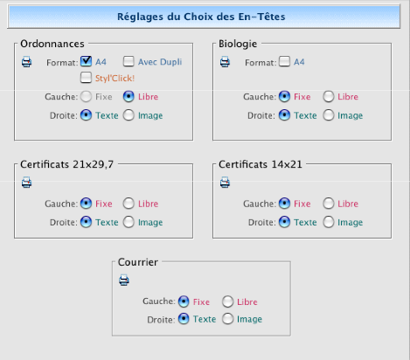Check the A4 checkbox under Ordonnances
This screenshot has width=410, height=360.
tap(86, 61)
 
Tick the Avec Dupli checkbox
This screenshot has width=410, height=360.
tap(129, 61)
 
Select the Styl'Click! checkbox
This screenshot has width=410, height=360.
tap(86, 78)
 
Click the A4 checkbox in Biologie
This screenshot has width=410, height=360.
tap(284, 61)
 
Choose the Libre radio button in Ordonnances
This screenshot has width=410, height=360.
tap(129, 97)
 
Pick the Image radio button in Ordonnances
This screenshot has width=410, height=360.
tap(129, 115)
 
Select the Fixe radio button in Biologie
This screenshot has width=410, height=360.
tap(284, 97)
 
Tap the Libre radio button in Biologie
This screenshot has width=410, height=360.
tap(329, 97)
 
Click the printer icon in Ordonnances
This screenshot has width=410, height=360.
tap(26, 62)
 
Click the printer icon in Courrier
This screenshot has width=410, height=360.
tap(124, 280)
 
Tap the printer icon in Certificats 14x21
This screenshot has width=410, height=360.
tap(225, 183)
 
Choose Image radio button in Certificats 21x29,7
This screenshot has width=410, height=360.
tap(129, 222)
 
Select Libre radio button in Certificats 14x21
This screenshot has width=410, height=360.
tap(329, 204)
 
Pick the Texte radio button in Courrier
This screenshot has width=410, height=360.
tap(184, 319)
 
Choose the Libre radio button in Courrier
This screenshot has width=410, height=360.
tap(227, 301)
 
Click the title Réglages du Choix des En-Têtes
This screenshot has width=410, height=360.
tap(201, 17)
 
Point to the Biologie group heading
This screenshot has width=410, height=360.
tap(238, 44)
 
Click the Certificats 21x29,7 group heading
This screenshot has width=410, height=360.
tap(66, 164)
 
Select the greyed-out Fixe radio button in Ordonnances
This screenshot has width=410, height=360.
tap(86, 97)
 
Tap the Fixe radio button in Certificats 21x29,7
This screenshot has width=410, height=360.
tap(86, 204)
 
